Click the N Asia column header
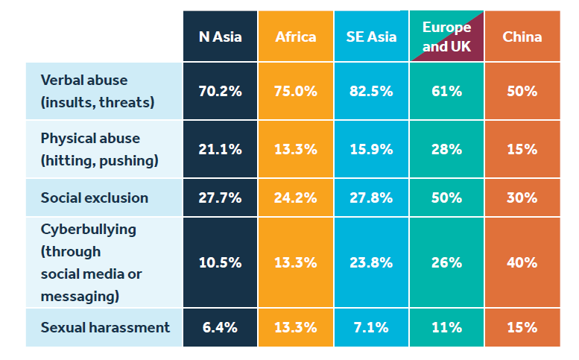[x=220, y=37]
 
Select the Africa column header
[x=296, y=37]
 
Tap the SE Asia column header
[x=371, y=37]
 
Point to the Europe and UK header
[x=446, y=37]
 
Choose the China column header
[x=522, y=37]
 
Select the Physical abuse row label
[x=90, y=149]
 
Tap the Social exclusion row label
[x=95, y=198]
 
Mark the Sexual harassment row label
[x=105, y=327]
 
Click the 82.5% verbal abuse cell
[x=371, y=92]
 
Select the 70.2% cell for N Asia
[x=220, y=92]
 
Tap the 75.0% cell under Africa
[x=296, y=92]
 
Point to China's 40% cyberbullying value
[x=522, y=262]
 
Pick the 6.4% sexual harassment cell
[x=220, y=327]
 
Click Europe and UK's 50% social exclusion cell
[x=446, y=198]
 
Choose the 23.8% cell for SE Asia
[x=371, y=262]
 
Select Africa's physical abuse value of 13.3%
[x=296, y=149]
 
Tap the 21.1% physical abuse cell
[x=220, y=149]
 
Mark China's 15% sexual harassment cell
[x=522, y=327]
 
